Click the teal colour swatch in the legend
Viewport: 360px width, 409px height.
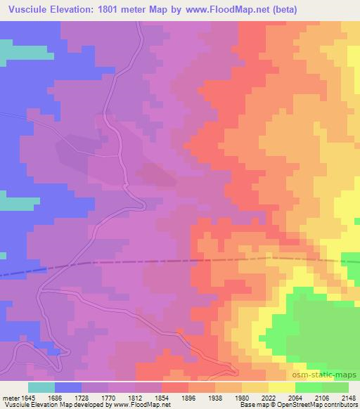coord(41,387)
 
